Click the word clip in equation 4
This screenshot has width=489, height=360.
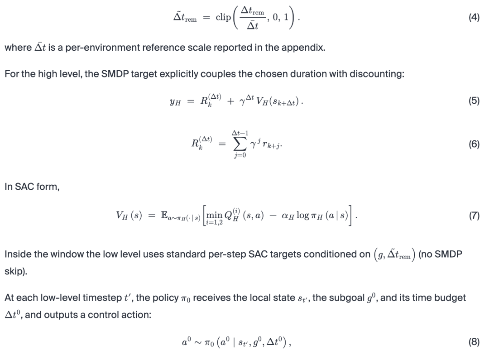coord(223,18)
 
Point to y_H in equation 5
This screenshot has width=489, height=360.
coord(174,102)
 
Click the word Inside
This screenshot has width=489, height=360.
coord(18,254)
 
